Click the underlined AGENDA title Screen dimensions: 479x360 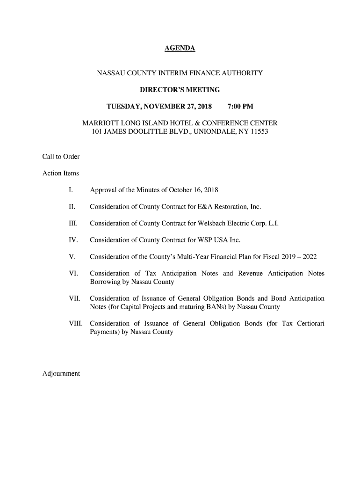[x=180, y=49]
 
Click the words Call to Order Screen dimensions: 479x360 [x=61, y=156]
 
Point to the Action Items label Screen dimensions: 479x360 [x=61, y=174]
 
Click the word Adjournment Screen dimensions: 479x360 [x=61, y=373]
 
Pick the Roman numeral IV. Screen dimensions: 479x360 [x=72, y=240]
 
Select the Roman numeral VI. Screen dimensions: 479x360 [x=72, y=274]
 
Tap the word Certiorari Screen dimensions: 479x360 [x=310, y=323]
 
